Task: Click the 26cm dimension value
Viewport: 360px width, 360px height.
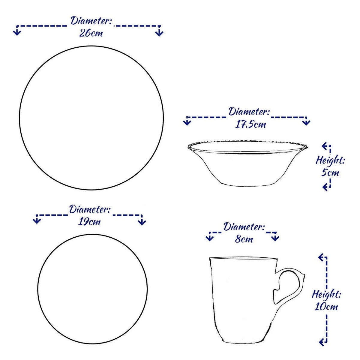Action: coord(91,34)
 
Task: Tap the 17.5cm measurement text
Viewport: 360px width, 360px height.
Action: coord(250,124)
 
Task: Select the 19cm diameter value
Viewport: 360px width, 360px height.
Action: coord(89,222)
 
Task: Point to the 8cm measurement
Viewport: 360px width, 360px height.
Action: coord(244,239)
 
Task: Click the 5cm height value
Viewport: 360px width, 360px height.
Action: coord(330,172)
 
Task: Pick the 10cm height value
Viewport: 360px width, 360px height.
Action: coord(326,307)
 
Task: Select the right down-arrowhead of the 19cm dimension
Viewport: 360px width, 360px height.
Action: coord(142,222)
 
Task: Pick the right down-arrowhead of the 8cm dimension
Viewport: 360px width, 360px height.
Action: coord(275,238)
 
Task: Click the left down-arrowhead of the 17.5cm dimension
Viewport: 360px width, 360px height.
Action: coord(187,123)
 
